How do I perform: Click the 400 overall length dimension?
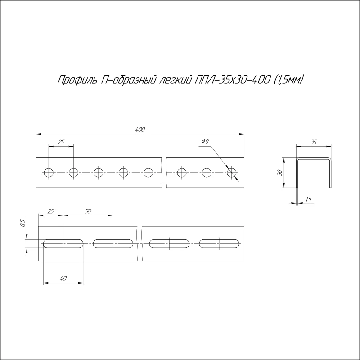[x=140, y=130]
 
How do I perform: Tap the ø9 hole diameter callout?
[x=205, y=142]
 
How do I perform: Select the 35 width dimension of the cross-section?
[x=314, y=142]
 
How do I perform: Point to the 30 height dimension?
[x=279, y=173]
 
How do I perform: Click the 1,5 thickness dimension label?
[x=309, y=199]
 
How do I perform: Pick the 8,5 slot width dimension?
[x=22, y=223]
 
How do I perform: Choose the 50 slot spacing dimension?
[x=88, y=211]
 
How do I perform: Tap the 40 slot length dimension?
[x=63, y=279]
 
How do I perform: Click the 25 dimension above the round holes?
[x=61, y=142]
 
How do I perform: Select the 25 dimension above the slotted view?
[x=51, y=211]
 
